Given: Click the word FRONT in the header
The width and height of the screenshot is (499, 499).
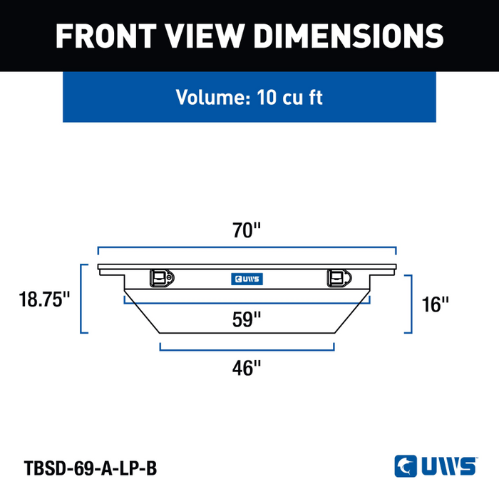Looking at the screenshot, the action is tap(106, 36).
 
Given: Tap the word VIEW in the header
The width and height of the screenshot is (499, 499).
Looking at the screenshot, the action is tap(205, 36).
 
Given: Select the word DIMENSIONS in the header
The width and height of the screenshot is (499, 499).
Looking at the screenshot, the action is tap(349, 36).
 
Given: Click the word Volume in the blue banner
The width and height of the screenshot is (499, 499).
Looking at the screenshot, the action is tap(213, 97).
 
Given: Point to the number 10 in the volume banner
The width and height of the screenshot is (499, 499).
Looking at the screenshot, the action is tap(267, 98).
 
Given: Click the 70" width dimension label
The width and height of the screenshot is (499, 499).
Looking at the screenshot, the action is tap(247, 230).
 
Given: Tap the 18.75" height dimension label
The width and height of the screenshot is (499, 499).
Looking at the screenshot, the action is tap(44, 299).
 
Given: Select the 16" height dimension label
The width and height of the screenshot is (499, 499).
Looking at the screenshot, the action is tap(435, 304).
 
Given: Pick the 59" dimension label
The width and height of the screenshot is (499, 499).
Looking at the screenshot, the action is tap(247, 319).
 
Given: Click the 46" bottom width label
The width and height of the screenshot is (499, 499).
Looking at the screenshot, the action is tap(247, 369).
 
